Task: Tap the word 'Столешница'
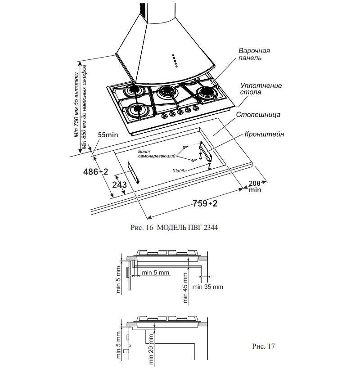click(x=258, y=115)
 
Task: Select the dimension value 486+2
click(x=96, y=172)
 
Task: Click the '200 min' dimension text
click(x=255, y=186)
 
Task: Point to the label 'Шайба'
click(x=179, y=171)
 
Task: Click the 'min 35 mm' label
click(x=207, y=287)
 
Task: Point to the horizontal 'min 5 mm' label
click(x=155, y=273)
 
